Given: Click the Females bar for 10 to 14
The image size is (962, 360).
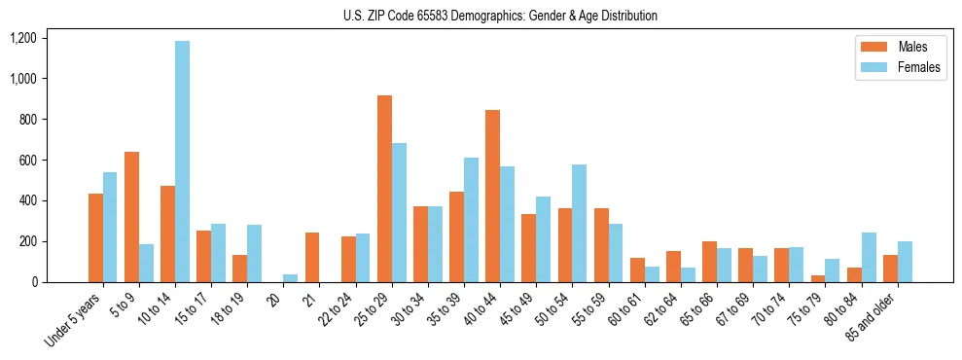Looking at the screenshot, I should [x=182, y=162].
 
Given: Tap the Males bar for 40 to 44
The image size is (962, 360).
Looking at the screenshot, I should [x=492, y=196].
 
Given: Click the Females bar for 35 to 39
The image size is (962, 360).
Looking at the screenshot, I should [x=471, y=220].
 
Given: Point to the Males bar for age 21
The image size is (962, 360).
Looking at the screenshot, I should [x=312, y=257].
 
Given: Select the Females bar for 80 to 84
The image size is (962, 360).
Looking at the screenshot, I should [x=869, y=257].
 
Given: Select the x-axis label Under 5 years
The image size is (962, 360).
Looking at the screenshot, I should [x=74, y=321].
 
